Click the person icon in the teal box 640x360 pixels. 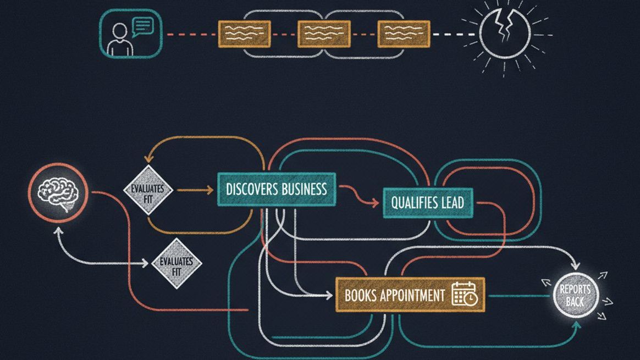pos(120,40)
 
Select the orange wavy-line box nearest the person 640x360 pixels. pos(244,34)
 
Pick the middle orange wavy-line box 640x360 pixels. pos(324,34)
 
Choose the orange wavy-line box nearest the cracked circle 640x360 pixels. pos(404,34)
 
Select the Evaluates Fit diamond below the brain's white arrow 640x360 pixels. pos(176,263)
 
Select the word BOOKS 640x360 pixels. pos(360,295)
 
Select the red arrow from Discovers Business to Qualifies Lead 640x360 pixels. pos(360,195)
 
